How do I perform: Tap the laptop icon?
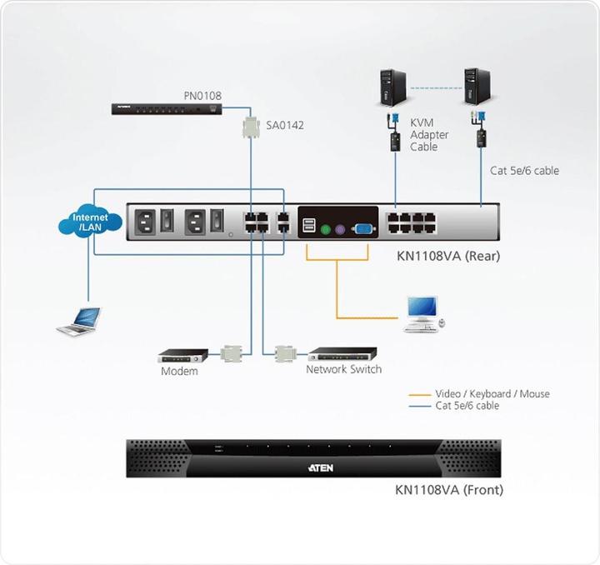click(79, 321)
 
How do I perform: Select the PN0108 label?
click(202, 96)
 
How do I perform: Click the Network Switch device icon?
click(342, 353)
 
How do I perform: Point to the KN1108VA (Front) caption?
click(449, 490)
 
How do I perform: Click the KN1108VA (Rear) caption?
click(448, 256)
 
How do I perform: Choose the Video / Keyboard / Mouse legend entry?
click(492, 393)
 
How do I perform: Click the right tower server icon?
click(476, 86)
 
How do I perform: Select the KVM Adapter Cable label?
click(429, 135)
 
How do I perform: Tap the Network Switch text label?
click(343, 369)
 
